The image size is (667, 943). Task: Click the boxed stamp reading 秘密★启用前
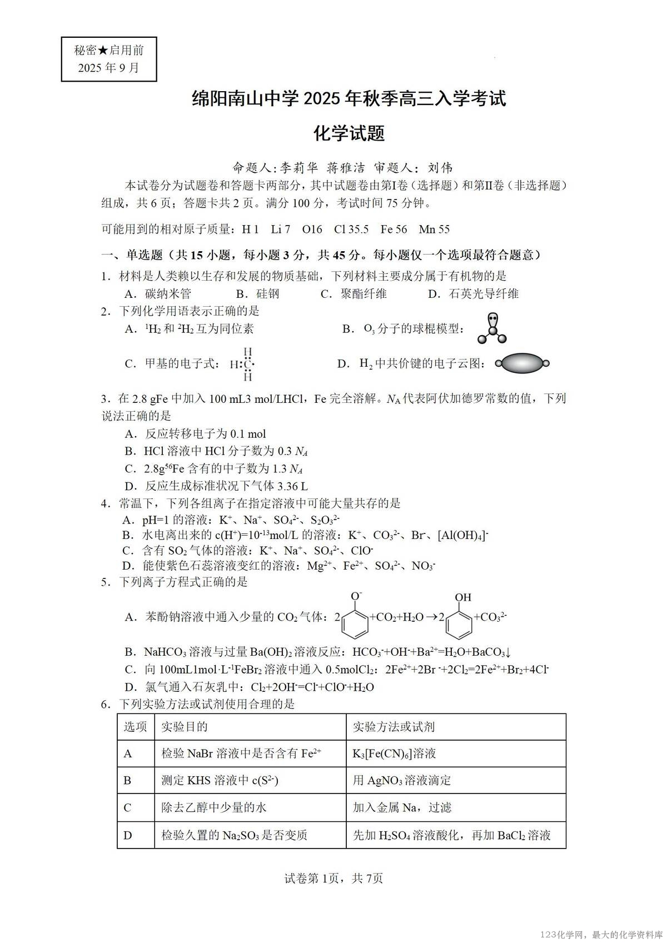coord(109,59)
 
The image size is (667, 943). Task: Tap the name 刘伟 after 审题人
coord(440,167)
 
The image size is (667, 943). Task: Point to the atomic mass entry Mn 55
coord(434,229)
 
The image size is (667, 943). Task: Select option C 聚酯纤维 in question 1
coord(354,294)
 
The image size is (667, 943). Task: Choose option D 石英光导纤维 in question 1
coord(473,294)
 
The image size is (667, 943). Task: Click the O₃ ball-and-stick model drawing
coord(492,328)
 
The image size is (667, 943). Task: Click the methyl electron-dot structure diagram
coord(245,365)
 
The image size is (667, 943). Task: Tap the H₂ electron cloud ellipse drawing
coord(522,363)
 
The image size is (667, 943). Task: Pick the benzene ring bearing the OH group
coord(459,623)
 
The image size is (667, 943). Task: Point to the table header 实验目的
coord(185,727)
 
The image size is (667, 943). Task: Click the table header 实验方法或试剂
coord(394,727)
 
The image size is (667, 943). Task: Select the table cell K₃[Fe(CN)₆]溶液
coord(394,754)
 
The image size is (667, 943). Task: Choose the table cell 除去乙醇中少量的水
coord(214,807)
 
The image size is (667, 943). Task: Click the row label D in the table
coord(128,835)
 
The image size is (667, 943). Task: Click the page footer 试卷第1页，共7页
coord(333,878)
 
